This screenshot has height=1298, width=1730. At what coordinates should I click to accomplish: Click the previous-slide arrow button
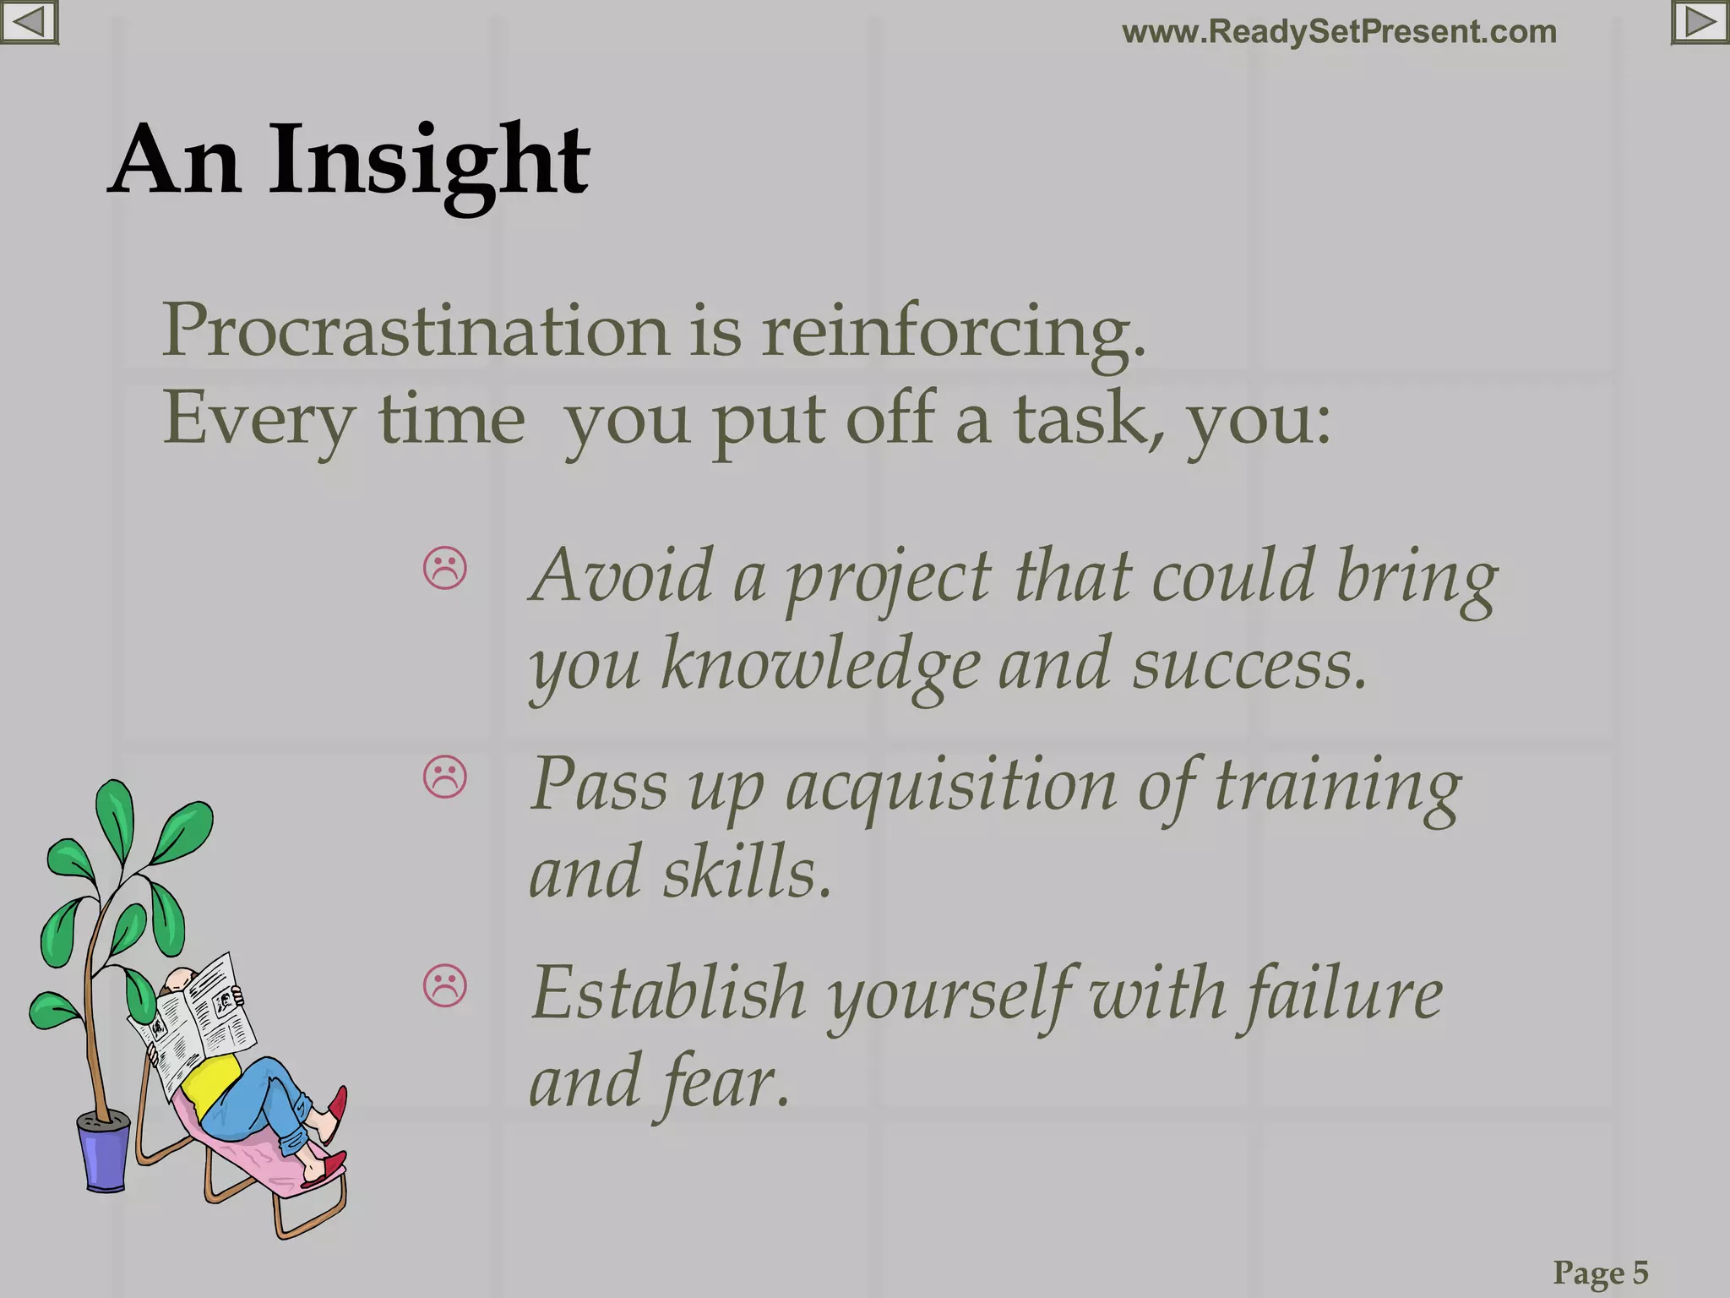28,22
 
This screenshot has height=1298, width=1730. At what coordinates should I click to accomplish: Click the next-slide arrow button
1700,22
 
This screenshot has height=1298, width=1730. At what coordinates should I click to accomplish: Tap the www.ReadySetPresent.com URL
1339,32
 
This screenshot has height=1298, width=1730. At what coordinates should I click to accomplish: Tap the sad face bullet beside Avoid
445,569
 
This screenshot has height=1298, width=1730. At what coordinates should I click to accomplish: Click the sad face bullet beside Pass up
445,777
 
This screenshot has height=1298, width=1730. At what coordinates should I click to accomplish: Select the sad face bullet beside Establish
445,985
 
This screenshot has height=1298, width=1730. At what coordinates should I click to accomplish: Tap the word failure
1343,995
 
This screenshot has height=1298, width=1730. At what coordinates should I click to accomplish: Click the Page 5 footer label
1600,1272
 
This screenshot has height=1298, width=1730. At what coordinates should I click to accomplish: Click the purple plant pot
106,1153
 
